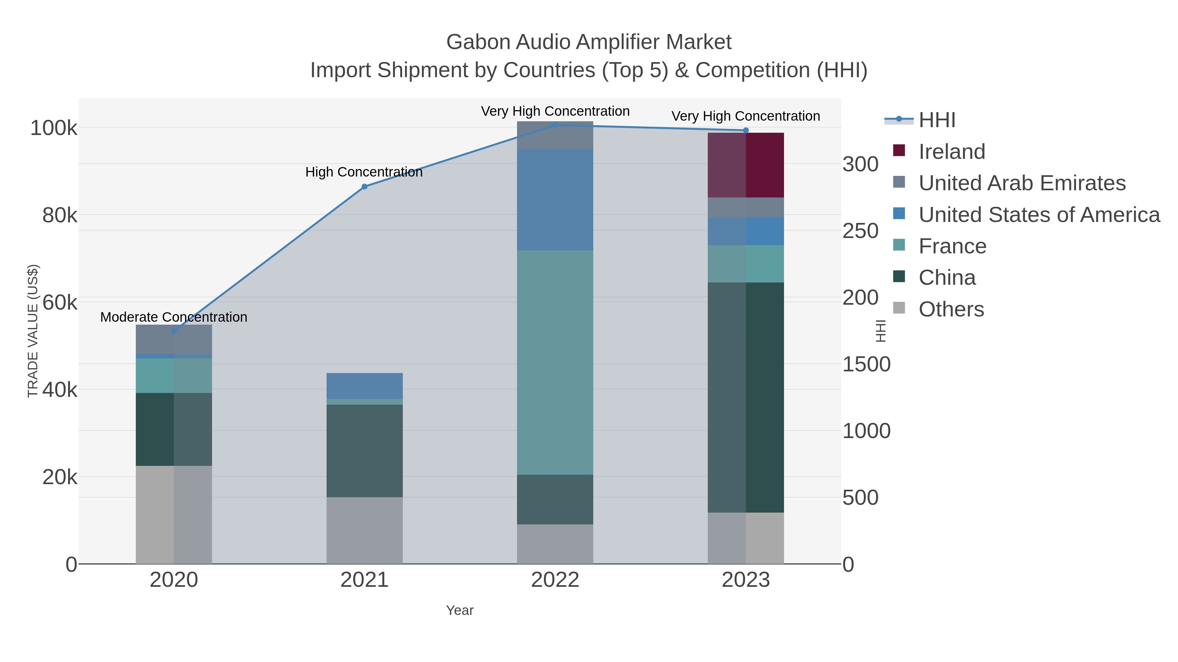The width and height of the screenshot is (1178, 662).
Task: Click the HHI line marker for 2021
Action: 365,186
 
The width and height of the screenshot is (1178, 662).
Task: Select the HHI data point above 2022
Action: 555,125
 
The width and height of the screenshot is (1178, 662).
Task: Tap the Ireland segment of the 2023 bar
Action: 746,165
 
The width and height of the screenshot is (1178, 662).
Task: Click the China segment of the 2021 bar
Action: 365,451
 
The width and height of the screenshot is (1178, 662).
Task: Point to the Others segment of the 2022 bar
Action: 555,544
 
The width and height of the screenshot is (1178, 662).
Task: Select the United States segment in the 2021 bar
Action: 365,386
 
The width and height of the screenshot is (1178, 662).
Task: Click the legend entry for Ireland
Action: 952,152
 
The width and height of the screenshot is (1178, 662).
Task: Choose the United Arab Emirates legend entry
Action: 1022,183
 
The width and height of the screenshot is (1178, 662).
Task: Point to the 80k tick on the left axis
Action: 60,215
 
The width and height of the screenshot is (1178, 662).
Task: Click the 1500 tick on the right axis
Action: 866,365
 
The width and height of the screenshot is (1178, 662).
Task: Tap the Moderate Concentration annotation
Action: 174,317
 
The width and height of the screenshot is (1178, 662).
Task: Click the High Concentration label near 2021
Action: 364,172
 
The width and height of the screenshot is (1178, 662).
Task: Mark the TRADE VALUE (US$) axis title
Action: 33,331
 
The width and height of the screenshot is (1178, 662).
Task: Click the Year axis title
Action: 460,610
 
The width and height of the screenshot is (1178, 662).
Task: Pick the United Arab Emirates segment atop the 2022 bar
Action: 555,135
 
